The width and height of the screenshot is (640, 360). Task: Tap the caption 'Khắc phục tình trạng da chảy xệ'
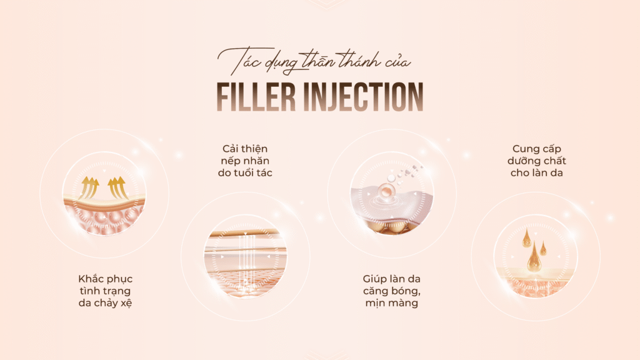click(x=106, y=291)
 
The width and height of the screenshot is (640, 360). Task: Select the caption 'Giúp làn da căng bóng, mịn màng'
click(x=391, y=291)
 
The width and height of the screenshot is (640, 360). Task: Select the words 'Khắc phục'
click(x=106, y=279)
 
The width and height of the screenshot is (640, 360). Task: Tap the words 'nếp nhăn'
click(x=247, y=161)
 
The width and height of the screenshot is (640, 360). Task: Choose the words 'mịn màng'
click(x=391, y=303)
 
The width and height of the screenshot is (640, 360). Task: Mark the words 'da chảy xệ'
click(x=106, y=303)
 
